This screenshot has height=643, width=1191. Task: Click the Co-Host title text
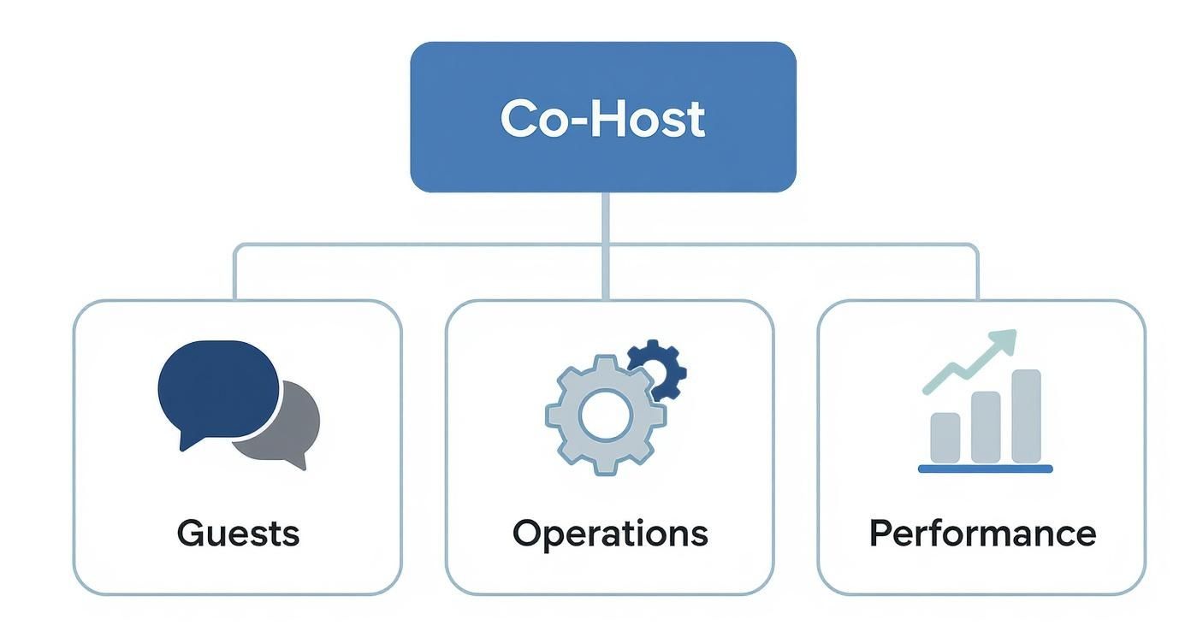[602, 118]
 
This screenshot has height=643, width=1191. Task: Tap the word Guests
[238, 533]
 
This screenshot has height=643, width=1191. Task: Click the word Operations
[610, 534]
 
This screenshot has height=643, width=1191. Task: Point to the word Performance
[982, 533]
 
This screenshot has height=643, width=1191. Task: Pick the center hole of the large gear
[605, 415]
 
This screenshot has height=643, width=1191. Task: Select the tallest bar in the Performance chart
[1026, 416]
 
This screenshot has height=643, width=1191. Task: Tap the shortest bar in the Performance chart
[945, 437]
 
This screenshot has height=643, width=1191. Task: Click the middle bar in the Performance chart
[986, 427]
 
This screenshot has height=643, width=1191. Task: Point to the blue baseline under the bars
[985, 469]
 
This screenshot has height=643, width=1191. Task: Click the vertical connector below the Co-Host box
[605, 218]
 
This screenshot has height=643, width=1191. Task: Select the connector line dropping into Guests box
[234, 274]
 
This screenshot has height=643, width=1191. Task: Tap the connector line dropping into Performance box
[977, 274]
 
